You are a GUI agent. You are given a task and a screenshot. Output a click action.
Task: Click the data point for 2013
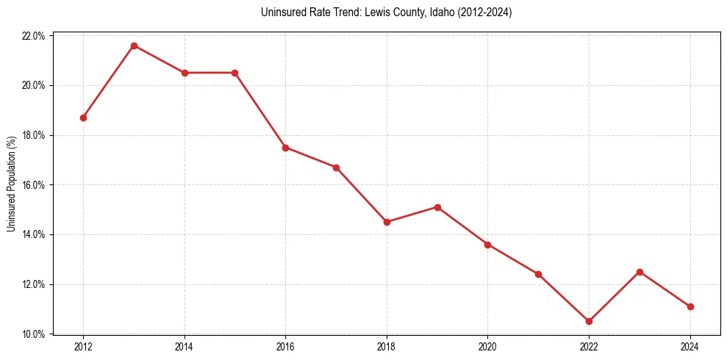134,46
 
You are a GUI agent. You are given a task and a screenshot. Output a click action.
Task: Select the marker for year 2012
83,118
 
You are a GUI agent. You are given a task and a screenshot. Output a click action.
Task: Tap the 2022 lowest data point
589,321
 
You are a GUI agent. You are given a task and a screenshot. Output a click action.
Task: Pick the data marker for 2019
437,207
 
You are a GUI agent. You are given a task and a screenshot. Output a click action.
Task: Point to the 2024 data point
690,306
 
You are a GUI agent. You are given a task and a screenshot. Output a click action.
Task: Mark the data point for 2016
285,148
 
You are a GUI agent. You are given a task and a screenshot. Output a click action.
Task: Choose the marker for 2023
640,272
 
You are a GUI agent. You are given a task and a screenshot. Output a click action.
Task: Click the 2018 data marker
387,222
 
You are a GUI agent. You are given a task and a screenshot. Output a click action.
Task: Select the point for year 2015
234,73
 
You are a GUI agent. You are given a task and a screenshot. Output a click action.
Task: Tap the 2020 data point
487,245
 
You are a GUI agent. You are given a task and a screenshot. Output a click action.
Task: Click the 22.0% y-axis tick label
34,36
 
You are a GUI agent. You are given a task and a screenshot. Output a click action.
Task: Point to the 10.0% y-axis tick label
34,334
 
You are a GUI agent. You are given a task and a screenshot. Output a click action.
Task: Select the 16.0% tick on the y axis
34,185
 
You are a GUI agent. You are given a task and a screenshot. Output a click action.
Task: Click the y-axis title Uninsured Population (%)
11,184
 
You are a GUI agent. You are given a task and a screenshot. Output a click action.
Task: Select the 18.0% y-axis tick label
34,135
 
